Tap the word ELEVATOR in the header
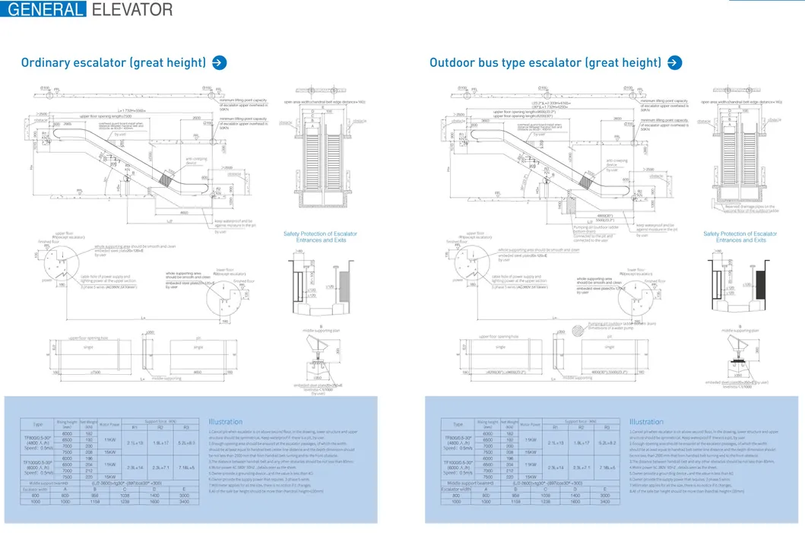tap(132, 10)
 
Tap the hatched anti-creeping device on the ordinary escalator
tap(164, 181)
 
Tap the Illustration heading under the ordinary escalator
tap(226, 421)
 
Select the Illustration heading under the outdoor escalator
tap(646, 421)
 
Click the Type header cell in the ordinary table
tap(37, 424)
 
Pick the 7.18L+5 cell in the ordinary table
tap(186, 468)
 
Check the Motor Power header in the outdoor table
tap(531, 424)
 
